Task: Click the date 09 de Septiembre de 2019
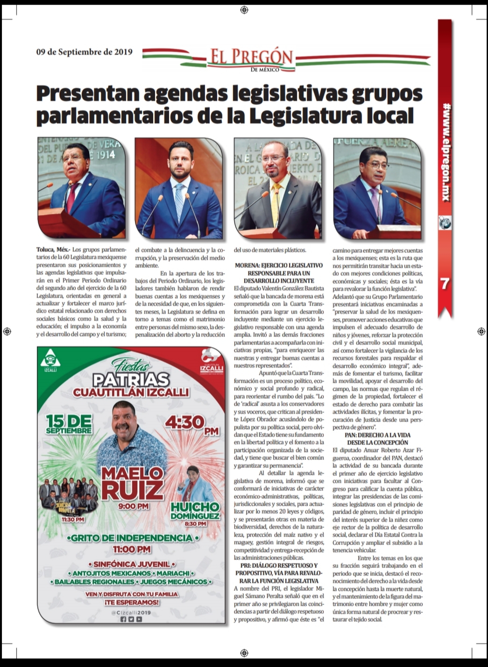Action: [84, 52]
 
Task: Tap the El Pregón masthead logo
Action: [251, 59]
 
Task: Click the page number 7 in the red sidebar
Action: [445, 283]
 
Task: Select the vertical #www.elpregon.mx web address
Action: [445, 152]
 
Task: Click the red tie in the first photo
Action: [72, 196]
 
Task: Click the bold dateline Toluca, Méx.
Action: [53, 250]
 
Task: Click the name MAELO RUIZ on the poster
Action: [133, 482]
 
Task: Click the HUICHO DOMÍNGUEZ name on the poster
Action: [195, 510]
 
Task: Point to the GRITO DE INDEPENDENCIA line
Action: [132, 538]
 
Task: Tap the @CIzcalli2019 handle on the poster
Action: [131, 612]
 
